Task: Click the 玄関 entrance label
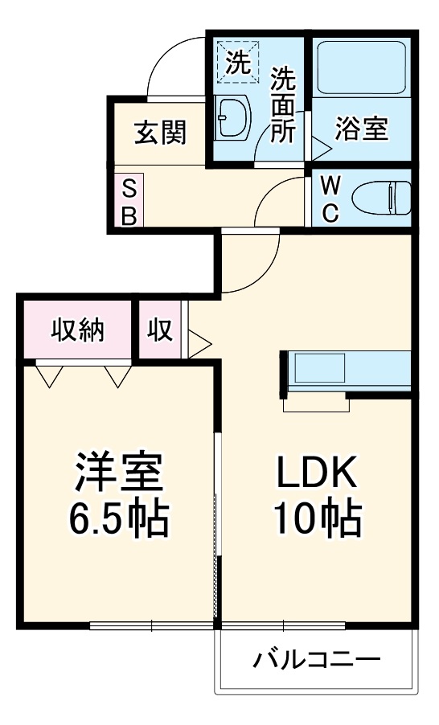[160, 133]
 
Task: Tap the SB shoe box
[129, 201]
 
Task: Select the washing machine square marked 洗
[238, 62]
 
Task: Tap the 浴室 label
[362, 129]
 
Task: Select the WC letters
[330, 199]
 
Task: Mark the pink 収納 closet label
[78, 329]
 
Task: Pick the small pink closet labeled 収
[160, 329]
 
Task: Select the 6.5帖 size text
[119, 519]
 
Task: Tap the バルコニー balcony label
[316, 661]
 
